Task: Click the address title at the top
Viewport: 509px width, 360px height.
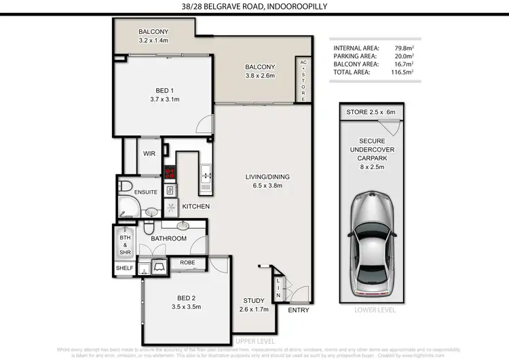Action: pyautogui.click(x=254, y=7)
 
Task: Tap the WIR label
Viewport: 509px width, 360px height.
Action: pyautogui.click(x=149, y=154)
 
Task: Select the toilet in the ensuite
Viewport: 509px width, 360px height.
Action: pyautogui.click(x=125, y=185)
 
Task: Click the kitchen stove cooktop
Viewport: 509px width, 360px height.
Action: pyautogui.click(x=170, y=173)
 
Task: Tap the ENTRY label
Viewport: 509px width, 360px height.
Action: pyautogui.click(x=297, y=310)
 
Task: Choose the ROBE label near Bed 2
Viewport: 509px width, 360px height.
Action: pyautogui.click(x=187, y=263)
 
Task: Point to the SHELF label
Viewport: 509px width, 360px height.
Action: pyautogui.click(x=125, y=268)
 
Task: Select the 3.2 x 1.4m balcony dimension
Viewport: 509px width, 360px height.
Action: pyautogui.click(x=153, y=41)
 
